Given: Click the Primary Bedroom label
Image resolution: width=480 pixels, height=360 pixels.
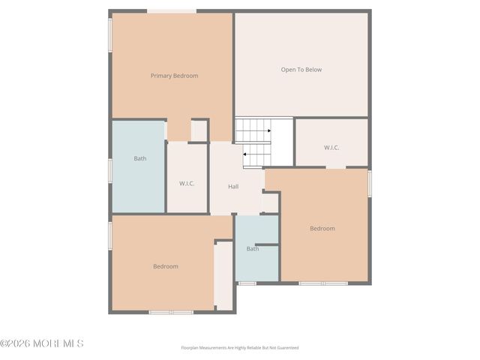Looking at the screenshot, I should point(174,76).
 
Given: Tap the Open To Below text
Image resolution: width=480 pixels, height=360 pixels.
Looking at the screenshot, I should point(301,70).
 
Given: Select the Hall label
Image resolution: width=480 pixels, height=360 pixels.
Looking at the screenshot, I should point(233,186).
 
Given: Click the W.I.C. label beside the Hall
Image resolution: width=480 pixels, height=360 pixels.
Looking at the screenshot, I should point(187,183).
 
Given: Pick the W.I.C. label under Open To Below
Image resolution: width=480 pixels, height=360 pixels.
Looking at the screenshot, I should point(331,148).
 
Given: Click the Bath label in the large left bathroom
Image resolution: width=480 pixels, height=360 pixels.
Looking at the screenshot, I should point(140,158).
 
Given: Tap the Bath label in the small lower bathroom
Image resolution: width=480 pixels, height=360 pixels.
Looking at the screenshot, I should point(253,248).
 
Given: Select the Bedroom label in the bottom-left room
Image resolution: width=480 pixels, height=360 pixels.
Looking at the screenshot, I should point(166,266).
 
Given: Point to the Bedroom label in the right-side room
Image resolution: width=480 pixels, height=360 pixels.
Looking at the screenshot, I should point(322,228).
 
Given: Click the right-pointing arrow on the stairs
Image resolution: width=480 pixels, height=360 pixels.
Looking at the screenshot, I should point(267,130).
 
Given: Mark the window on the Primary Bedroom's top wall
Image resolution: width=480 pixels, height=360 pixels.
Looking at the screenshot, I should point(172,11).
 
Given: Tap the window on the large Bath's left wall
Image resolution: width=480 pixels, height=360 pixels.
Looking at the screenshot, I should point(111,169).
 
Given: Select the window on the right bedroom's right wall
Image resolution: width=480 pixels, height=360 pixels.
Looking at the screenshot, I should point(369,184).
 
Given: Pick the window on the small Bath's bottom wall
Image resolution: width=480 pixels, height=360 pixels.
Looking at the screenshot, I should point(247,283).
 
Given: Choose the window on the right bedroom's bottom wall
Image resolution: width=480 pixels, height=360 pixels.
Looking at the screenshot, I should point(323,283).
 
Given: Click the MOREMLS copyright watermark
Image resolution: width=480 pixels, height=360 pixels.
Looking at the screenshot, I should point(42,343).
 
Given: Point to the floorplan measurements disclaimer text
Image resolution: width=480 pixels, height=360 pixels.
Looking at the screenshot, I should point(240,348).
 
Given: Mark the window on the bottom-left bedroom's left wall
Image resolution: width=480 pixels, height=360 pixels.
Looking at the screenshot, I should point(111,235).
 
